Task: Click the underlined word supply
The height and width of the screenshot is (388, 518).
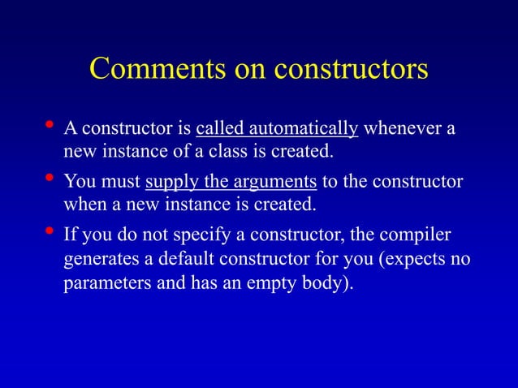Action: pyautogui.click(x=170, y=180)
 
